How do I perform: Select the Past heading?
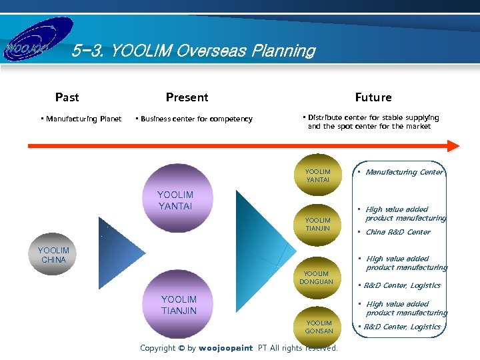click(67, 97)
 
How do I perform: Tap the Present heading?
click(187, 97)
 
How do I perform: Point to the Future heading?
click(373, 97)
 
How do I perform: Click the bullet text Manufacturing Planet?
click(83, 119)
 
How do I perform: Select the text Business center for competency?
click(196, 119)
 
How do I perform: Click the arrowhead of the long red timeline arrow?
click(453, 146)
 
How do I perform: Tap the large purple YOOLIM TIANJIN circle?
click(178, 303)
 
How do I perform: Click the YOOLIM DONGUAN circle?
click(316, 277)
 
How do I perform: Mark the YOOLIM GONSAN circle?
click(318, 327)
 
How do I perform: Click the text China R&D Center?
click(397, 233)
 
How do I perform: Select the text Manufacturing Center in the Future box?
click(404, 173)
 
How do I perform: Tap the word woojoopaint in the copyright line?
click(225, 348)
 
